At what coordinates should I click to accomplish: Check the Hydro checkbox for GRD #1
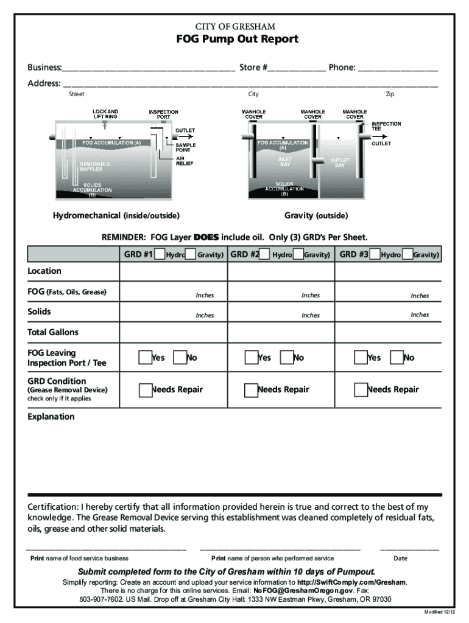pyautogui.click(x=160, y=254)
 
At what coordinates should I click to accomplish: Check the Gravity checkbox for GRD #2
pyautogui.click(x=298, y=254)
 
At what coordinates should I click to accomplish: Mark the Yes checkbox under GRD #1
pyautogui.click(x=145, y=357)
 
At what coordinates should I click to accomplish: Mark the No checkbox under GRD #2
pyautogui.click(x=286, y=357)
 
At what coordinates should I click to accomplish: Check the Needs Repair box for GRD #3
pyautogui.click(x=361, y=389)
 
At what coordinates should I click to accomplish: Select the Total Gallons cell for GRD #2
pyautogui.click(x=281, y=332)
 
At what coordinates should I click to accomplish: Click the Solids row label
pyautogui.click(x=40, y=311)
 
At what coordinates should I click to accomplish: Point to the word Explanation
pyautogui.click(x=51, y=417)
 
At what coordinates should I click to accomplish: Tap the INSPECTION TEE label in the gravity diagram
pyautogui.click(x=386, y=127)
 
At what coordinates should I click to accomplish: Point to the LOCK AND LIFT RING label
pyautogui.click(x=105, y=114)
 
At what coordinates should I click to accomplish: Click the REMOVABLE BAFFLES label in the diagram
pyautogui.click(x=95, y=167)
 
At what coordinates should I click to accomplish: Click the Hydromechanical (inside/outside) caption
pyautogui.click(x=116, y=216)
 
